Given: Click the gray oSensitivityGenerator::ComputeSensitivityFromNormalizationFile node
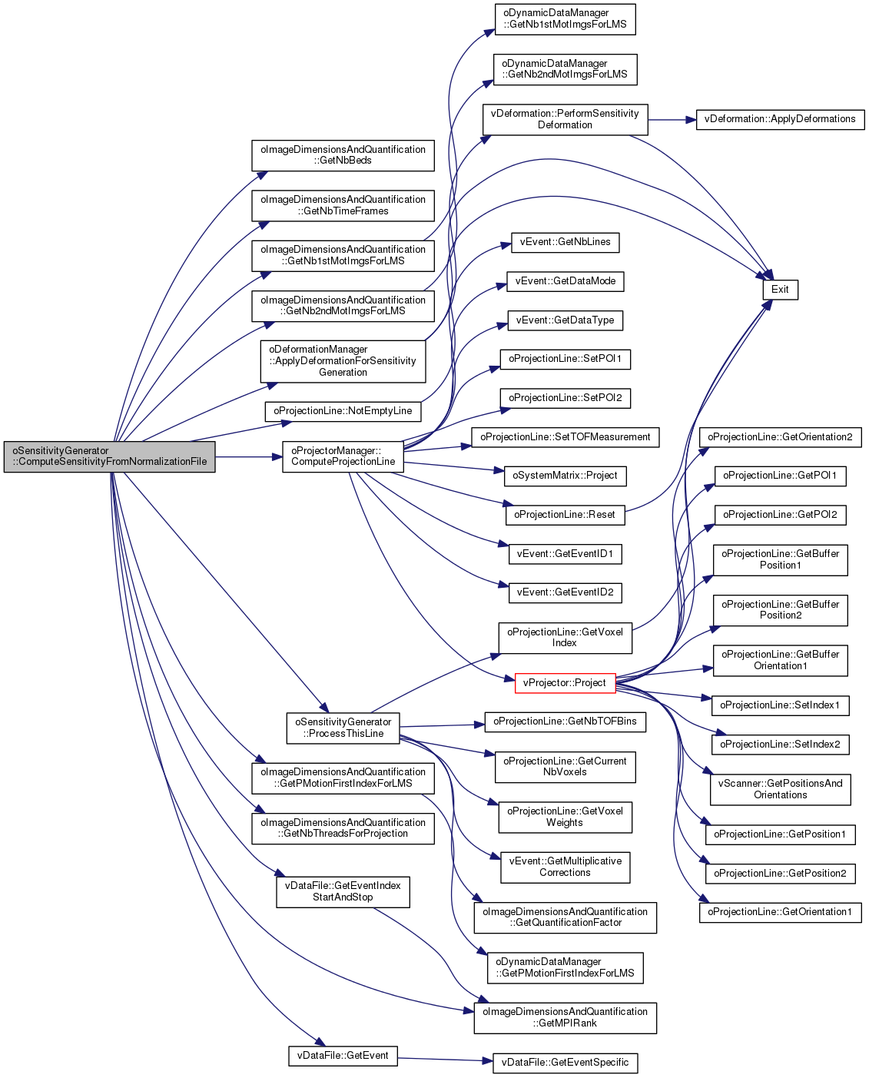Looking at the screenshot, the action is point(109,456).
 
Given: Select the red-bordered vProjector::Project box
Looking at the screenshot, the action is point(565,683).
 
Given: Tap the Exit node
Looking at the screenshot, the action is point(780,290).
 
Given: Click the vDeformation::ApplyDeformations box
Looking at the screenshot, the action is point(780,119).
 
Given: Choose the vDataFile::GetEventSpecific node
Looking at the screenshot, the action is point(565,1063).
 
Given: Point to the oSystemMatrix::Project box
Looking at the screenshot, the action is point(565,476).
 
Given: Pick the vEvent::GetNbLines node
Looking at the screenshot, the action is point(565,243).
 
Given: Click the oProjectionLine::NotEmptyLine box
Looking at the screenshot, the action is point(343,411).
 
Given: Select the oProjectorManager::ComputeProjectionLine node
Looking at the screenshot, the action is point(343,456).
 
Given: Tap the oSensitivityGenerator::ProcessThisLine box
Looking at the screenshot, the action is point(343,728).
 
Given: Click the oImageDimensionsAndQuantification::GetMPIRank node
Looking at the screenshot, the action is point(565,1018).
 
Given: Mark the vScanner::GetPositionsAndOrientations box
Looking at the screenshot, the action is point(780,789).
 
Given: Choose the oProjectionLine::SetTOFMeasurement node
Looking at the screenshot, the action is point(565,437).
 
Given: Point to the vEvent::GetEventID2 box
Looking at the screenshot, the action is point(565,592).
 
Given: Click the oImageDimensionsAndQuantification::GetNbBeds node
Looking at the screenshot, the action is point(343,155).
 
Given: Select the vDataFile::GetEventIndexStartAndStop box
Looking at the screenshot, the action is point(343,891).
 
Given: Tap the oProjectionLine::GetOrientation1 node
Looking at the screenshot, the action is point(780,912).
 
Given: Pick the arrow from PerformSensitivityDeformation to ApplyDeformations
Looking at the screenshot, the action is point(672,120).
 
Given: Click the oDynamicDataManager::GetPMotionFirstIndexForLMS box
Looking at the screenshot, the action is point(565,968).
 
